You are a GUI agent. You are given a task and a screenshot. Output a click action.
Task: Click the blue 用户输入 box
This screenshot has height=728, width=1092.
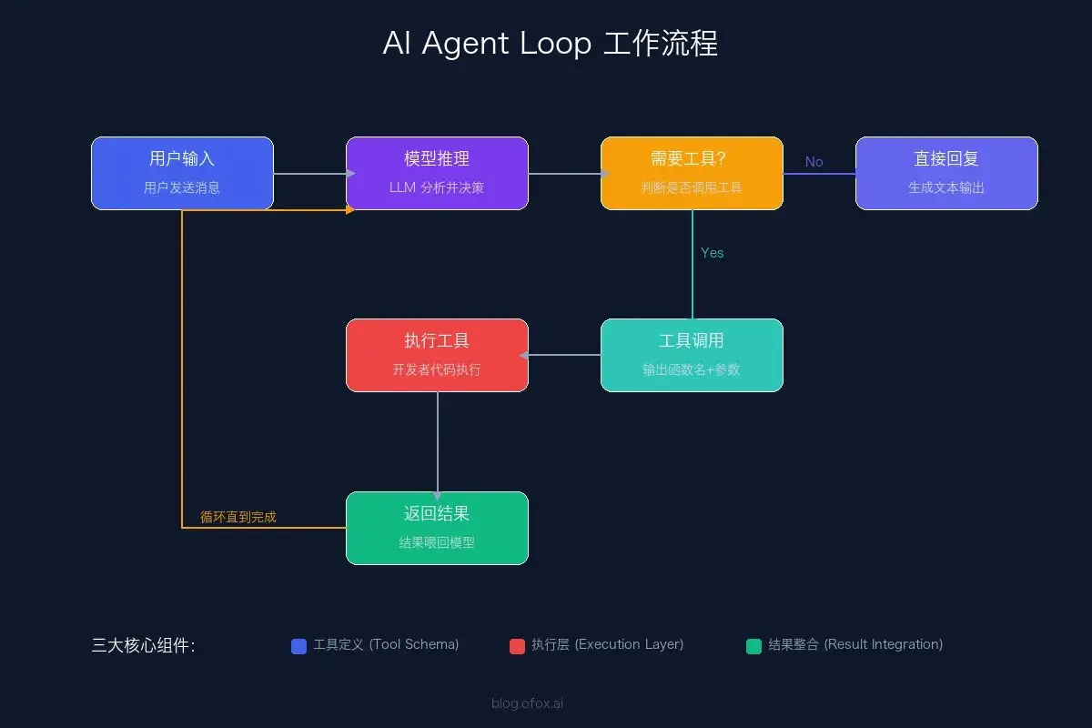click(182, 173)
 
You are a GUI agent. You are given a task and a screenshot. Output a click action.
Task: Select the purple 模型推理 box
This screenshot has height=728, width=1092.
click(437, 173)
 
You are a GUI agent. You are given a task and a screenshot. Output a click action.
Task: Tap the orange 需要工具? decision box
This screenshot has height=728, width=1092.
click(692, 173)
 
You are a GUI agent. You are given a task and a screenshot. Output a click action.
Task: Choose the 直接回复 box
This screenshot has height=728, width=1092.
click(946, 173)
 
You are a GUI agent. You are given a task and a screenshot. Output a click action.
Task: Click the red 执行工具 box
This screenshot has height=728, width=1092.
click(437, 355)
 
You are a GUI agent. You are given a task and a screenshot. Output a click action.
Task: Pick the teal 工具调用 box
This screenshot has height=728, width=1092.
click(692, 355)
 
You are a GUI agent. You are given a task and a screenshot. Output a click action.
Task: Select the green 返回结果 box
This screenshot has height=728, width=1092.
click(437, 528)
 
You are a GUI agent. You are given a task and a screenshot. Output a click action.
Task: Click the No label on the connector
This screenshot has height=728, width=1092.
click(814, 162)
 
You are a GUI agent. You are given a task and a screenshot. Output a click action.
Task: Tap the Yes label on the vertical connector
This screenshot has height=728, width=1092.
click(712, 253)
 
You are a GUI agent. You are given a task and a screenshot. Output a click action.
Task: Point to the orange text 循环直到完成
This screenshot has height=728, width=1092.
click(238, 517)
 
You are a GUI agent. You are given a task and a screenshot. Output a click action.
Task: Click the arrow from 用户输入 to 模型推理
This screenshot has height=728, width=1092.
click(309, 173)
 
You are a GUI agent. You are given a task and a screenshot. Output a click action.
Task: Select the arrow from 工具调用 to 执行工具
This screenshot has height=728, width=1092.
click(564, 355)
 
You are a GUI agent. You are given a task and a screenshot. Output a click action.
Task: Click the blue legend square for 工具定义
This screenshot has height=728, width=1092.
click(298, 646)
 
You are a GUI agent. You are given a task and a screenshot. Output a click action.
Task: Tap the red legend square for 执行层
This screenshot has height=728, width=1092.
click(517, 646)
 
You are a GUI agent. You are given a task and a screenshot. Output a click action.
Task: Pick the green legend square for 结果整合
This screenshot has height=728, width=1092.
click(753, 646)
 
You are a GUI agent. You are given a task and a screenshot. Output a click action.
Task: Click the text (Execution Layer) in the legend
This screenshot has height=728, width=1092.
click(629, 644)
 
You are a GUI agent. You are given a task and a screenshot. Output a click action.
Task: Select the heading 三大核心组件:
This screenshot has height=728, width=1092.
click(143, 645)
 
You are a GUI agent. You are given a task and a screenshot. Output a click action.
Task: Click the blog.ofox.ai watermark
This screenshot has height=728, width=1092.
click(527, 703)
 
